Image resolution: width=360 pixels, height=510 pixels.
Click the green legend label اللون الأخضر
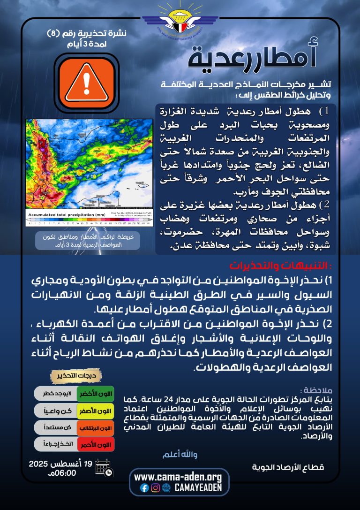point(96,393)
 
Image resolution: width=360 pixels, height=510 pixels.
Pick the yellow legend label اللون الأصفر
point(96,411)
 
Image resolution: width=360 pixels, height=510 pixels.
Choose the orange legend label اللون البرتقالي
point(96,428)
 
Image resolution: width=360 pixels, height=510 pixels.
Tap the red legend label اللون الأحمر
point(96,445)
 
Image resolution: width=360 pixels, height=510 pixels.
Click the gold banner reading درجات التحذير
point(75,376)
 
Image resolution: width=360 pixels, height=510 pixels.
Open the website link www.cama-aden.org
point(178,477)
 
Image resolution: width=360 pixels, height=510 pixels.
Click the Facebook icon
point(144,488)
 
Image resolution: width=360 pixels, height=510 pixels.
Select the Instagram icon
point(155,488)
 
